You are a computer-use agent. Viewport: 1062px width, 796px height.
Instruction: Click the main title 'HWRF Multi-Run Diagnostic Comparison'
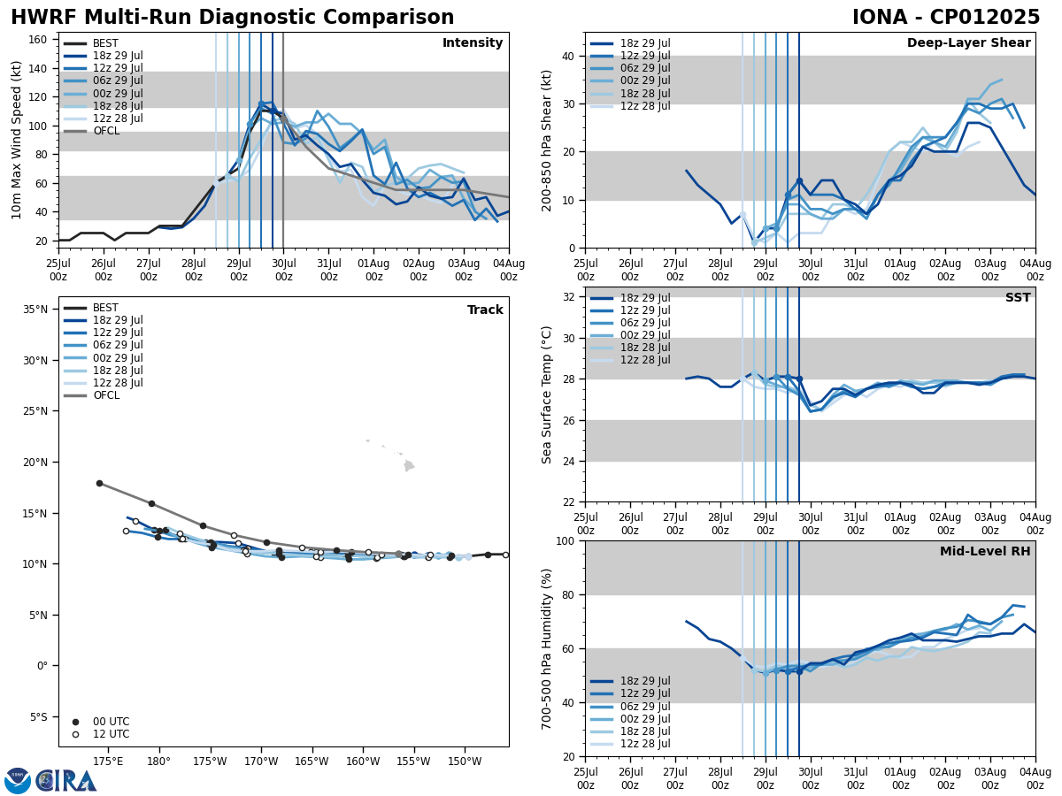click(x=232, y=18)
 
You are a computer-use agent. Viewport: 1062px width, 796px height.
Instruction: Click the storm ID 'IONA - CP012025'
click(x=945, y=18)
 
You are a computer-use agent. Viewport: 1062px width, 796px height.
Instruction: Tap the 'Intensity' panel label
click(x=473, y=43)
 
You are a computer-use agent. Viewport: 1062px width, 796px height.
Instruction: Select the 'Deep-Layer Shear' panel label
click(x=968, y=43)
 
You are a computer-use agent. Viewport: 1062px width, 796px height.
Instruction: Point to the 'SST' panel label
click(x=1017, y=298)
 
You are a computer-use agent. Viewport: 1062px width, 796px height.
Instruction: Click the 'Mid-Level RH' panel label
click(x=985, y=552)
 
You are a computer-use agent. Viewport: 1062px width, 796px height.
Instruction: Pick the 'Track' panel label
click(x=485, y=310)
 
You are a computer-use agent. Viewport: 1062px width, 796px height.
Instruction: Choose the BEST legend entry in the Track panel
click(x=104, y=308)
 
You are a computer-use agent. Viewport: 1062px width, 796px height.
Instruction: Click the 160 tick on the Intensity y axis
click(x=39, y=39)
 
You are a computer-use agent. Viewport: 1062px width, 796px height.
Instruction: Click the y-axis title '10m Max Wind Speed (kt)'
click(x=17, y=140)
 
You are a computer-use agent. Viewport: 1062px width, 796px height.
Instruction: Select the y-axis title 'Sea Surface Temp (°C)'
click(x=547, y=394)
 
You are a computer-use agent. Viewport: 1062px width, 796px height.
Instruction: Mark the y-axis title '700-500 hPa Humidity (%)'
click(x=547, y=648)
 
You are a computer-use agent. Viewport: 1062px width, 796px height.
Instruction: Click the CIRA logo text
click(x=65, y=780)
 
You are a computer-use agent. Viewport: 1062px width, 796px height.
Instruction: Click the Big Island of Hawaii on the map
click(x=409, y=465)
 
